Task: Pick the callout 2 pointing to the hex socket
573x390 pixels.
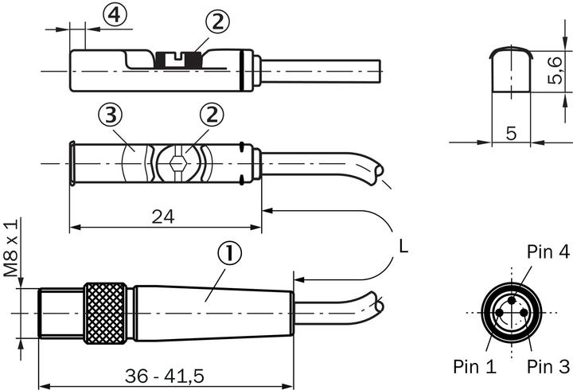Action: [x=212, y=116]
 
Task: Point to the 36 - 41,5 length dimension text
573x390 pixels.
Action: [x=165, y=375]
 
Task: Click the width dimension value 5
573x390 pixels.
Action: [x=511, y=133]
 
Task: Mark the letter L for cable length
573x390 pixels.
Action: [x=403, y=248]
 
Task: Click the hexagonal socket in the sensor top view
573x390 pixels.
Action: [x=177, y=164]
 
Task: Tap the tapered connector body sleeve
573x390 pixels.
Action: [x=211, y=314]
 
